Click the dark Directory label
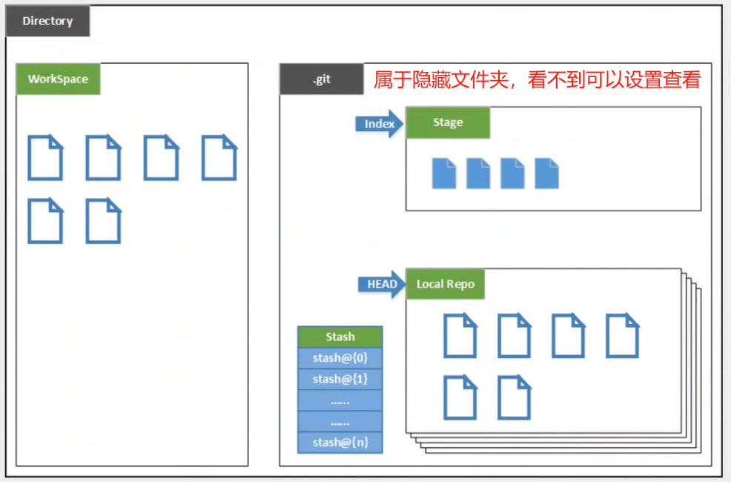coord(47,22)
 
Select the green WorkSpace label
coord(58,79)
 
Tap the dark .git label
coord(321,79)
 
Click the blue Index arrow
coord(379,124)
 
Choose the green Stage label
coord(448,123)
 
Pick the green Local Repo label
coord(445,284)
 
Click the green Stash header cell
coord(340,337)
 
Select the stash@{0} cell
coord(340,358)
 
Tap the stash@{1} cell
coord(340,379)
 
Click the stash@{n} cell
coord(340,442)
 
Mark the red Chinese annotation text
coord(537,80)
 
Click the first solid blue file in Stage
coord(444,173)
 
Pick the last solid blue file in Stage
coord(546,173)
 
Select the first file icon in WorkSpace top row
coord(45,157)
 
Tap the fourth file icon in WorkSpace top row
coord(219,157)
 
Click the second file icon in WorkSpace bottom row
coord(103,220)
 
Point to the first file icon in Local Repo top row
coord(460,335)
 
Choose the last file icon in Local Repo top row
coord(622,335)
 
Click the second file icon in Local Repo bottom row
coord(514,397)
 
